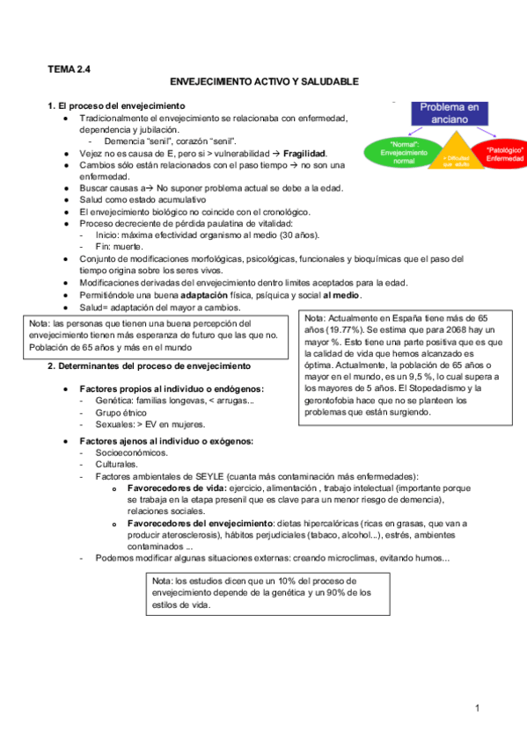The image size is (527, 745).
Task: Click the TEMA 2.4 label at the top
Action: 69,67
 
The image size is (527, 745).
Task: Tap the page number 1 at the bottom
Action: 476,708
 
